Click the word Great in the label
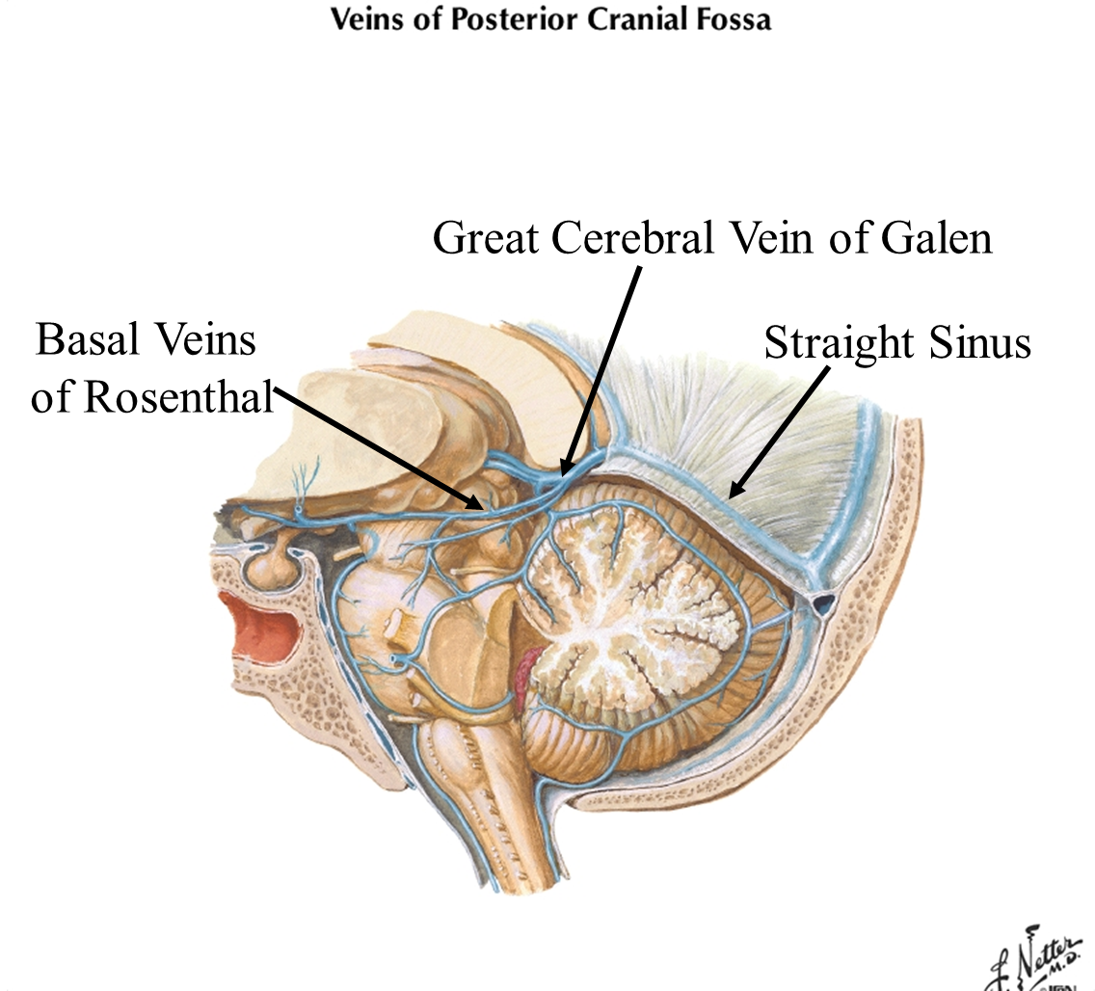click(x=487, y=237)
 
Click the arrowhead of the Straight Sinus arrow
click(x=734, y=495)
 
